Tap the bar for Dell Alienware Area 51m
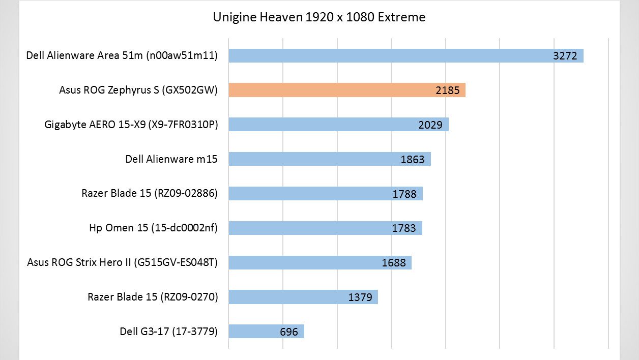coord(387,55)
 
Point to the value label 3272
coord(565,56)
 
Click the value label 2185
coord(447,91)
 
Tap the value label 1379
coord(360,297)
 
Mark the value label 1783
coord(404,228)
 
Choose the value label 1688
coord(394,263)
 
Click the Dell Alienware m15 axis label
coord(171,159)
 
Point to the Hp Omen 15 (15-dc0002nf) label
coord(153,228)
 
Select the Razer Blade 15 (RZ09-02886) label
coord(150,193)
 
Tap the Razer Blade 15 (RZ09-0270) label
coord(153,297)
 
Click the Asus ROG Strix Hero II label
coord(122,262)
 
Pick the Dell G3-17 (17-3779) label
coord(168,332)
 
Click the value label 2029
coord(430,125)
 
